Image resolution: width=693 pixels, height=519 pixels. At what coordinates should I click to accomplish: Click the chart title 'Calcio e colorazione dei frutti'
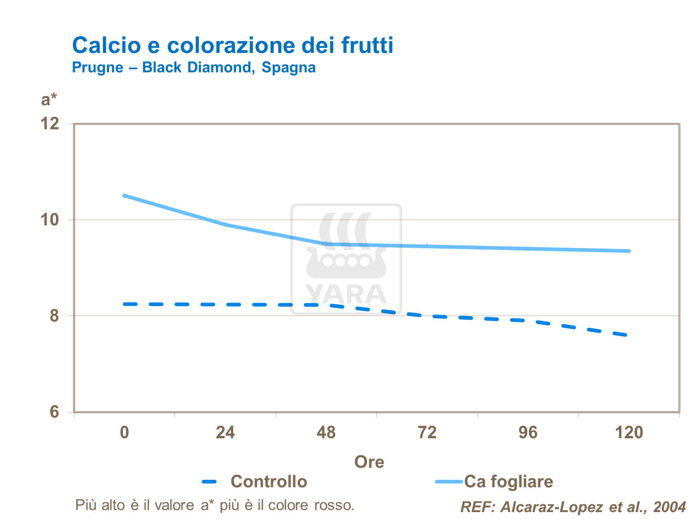pos(233,45)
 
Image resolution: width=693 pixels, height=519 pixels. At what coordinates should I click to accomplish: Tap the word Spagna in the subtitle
pos(289,67)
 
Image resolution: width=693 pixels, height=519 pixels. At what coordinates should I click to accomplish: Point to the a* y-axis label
pos(49,99)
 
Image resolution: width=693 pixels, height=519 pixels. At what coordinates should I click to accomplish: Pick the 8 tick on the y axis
pos(54,316)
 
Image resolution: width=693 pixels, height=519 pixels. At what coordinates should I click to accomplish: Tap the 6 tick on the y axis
pos(54,411)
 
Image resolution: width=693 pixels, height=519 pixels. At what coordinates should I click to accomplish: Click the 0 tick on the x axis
pos(124,432)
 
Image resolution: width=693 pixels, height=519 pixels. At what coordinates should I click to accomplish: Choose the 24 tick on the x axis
pos(225,432)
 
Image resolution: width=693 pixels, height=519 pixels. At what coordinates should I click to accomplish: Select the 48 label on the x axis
pos(326,432)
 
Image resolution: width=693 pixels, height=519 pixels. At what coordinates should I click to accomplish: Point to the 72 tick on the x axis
pos(427,432)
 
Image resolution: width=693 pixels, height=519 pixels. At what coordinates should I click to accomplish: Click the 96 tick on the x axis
pos(528,432)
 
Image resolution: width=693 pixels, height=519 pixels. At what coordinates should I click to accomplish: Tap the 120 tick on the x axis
pos(629,432)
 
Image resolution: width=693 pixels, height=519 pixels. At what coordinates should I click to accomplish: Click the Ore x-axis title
pos(369,462)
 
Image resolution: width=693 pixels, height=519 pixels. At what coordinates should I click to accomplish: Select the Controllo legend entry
pos(269,482)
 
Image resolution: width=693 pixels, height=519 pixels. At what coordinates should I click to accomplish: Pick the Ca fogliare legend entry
pos(508,482)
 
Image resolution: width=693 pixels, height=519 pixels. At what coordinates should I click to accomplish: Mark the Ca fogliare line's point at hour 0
pos(124,196)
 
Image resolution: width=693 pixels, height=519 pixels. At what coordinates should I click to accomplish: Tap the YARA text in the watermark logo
pos(346,295)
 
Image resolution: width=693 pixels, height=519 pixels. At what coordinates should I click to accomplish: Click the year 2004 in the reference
pos(669,507)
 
